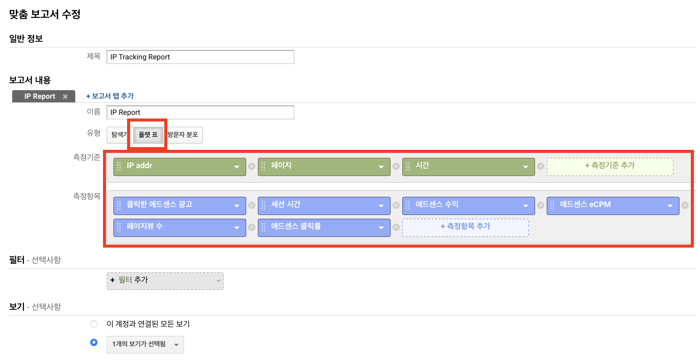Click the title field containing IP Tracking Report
pos(200,57)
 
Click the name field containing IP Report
pos(200,112)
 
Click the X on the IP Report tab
pos(65,97)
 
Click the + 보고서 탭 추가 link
pos(110,96)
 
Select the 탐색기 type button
pos(119,135)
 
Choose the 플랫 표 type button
pos(148,135)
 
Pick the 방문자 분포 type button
pos(183,135)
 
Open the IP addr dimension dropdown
pos(236,167)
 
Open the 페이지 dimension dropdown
pos(381,167)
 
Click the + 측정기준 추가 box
pos(610,166)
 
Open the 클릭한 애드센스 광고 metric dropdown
pos(236,206)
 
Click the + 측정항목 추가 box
pos(465,227)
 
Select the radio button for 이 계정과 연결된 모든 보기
pos(94,324)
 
